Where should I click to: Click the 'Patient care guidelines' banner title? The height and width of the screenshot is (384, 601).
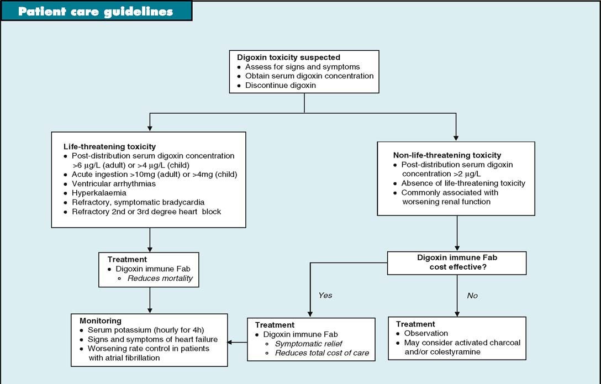click(95, 12)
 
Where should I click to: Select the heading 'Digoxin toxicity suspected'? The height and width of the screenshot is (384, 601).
click(288, 57)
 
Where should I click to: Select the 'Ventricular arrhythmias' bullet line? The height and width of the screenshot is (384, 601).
click(114, 183)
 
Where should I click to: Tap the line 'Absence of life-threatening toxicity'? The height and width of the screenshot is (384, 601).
click(463, 183)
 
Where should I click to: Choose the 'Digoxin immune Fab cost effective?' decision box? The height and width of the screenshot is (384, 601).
click(456, 263)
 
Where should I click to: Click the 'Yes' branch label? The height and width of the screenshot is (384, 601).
click(325, 296)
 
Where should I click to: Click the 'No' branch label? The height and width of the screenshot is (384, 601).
click(472, 296)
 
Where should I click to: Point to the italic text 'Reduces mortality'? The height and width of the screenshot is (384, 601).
click(160, 278)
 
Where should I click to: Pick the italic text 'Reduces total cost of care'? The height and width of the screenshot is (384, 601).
click(322, 353)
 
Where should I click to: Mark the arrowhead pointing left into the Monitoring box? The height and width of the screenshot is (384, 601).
click(231, 342)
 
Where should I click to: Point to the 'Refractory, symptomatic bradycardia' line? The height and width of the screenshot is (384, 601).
click(138, 202)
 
